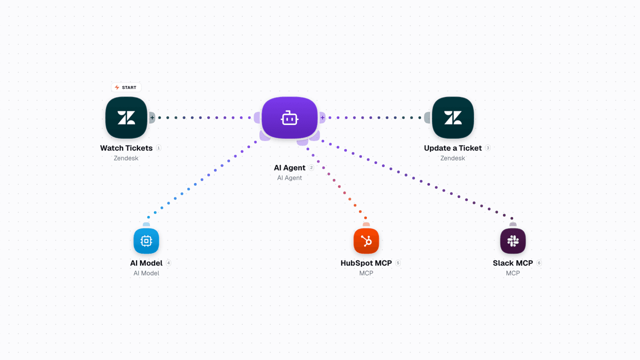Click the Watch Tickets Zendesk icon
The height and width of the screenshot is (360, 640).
pos(126,117)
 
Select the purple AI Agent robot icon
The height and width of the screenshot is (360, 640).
pos(289,117)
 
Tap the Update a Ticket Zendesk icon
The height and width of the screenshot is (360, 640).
pos(453,117)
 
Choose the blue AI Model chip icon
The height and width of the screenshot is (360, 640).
pos(146,241)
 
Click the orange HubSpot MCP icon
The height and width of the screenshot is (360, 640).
pos(366,241)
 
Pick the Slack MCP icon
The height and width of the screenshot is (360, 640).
pos(513,241)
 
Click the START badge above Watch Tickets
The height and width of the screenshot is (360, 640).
pos(126,87)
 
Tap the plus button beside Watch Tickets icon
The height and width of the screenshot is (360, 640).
pos(152,117)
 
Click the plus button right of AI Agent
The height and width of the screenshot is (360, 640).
pos(322,117)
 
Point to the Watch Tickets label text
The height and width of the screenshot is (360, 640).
pos(126,148)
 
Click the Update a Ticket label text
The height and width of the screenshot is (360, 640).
pos(453,148)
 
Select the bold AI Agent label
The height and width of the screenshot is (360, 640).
pos(289,167)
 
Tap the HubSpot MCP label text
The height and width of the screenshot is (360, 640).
pos(366,263)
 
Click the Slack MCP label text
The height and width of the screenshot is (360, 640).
pos(513,263)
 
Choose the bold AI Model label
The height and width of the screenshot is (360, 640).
pos(146,263)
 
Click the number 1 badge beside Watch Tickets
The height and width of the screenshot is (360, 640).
pos(158,148)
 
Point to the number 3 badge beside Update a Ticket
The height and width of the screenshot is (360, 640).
pos(488,148)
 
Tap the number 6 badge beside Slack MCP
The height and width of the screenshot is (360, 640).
pos(539,263)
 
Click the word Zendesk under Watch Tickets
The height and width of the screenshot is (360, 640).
pos(126,158)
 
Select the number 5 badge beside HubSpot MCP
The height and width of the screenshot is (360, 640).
pos(398,263)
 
